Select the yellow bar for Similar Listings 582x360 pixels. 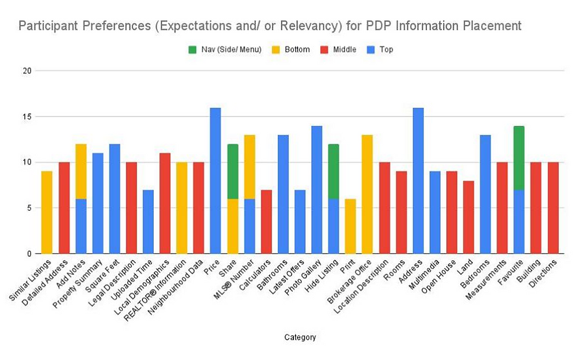(x=47, y=213)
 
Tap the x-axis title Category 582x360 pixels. (x=300, y=337)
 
